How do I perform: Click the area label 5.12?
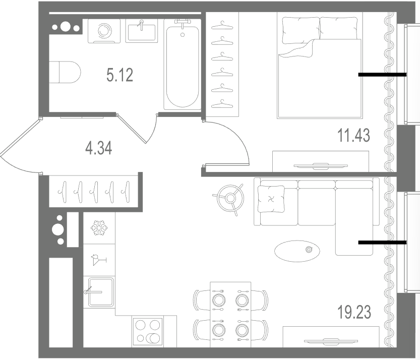point(119,75)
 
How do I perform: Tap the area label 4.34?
point(99,148)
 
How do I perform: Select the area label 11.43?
point(353,135)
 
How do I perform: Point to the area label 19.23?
point(354,312)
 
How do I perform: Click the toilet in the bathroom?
point(65,72)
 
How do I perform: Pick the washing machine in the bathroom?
point(104,31)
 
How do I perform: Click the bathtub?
point(183,65)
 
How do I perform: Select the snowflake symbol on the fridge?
point(99,228)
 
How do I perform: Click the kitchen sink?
point(100,292)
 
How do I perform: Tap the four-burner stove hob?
point(147,332)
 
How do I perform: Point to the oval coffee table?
point(297,251)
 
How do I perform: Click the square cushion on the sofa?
point(271,199)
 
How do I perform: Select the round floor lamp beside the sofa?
point(230,198)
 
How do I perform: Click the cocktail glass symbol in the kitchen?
point(98,260)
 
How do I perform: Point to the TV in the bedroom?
point(320,165)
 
